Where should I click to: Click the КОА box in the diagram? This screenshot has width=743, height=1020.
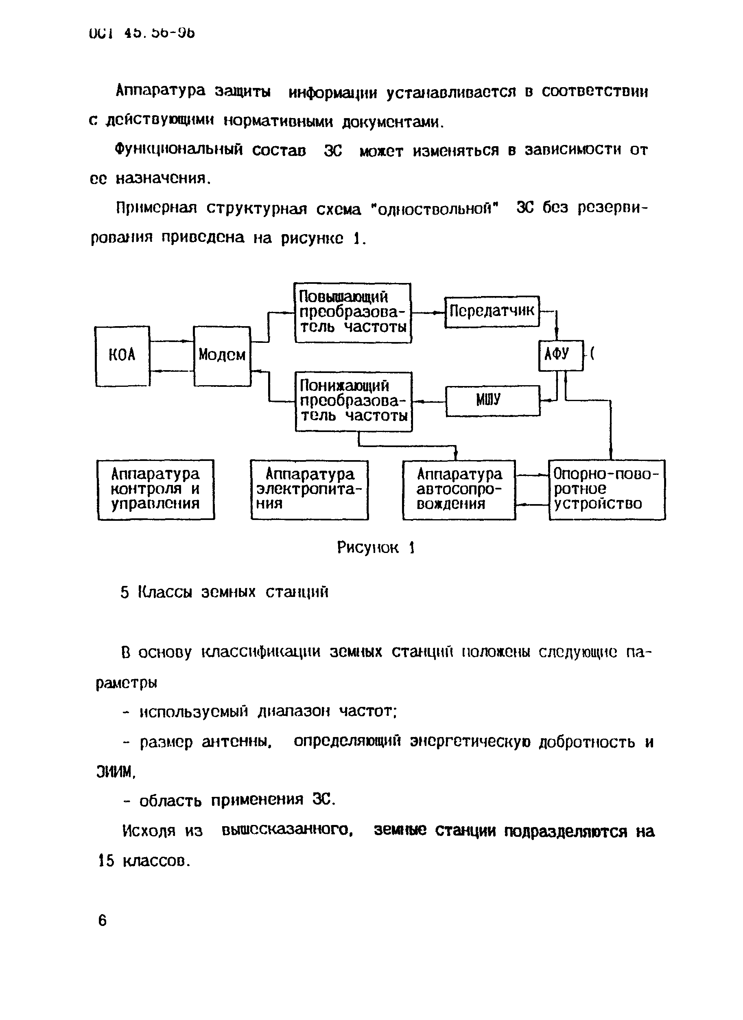click(x=122, y=356)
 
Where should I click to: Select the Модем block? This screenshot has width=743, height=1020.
click(x=222, y=356)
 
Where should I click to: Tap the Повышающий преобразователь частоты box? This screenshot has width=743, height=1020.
click(x=353, y=313)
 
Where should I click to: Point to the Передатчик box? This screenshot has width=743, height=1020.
click(x=492, y=311)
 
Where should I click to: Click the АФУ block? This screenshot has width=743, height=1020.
click(x=560, y=355)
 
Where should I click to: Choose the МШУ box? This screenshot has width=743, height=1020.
click(x=492, y=400)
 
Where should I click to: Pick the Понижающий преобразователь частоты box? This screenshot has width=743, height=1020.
click(x=354, y=401)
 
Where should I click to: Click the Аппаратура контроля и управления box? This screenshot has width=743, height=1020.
click(x=155, y=489)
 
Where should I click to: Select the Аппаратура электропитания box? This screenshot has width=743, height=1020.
click(x=309, y=489)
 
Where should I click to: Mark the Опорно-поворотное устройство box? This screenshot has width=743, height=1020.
click(x=607, y=489)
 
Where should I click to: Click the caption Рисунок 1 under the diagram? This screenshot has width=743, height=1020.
click(x=376, y=548)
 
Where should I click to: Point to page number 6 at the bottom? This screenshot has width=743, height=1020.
click(x=103, y=921)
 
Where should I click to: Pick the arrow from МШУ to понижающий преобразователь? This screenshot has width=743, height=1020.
click(x=428, y=401)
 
